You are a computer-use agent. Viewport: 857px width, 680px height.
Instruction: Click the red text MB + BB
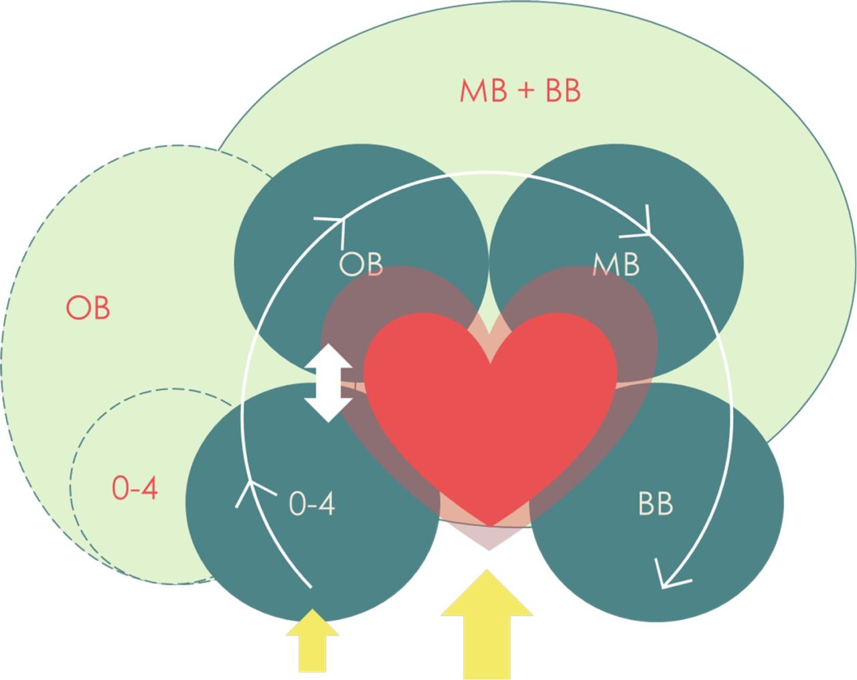(x=520, y=91)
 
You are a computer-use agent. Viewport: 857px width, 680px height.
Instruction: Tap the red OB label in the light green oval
(x=88, y=308)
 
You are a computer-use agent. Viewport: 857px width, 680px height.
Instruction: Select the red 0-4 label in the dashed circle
(x=135, y=488)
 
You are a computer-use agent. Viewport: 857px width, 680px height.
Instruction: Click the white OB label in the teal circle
(x=361, y=264)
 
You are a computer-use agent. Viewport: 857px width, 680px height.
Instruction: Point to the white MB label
(x=616, y=265)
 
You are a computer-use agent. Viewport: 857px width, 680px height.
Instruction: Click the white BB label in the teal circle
(x=655, y=504)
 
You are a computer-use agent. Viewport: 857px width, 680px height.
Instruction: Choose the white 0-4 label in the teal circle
(x=311, y=504)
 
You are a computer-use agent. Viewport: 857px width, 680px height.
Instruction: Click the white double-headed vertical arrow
(x=328, y=383)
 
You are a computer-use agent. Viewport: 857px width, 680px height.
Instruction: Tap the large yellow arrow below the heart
(x=487, y=623)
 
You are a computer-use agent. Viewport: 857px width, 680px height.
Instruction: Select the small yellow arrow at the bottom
(x=312, y=640)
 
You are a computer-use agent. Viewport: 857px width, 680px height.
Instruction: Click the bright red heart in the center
(x=490, y=415)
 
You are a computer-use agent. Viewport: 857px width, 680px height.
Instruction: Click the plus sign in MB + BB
(x=526, y=91)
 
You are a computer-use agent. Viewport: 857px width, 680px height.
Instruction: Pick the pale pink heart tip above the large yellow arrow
(x=489, y=540)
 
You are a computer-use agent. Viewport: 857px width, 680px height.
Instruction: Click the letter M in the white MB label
(x=604, y=265)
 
